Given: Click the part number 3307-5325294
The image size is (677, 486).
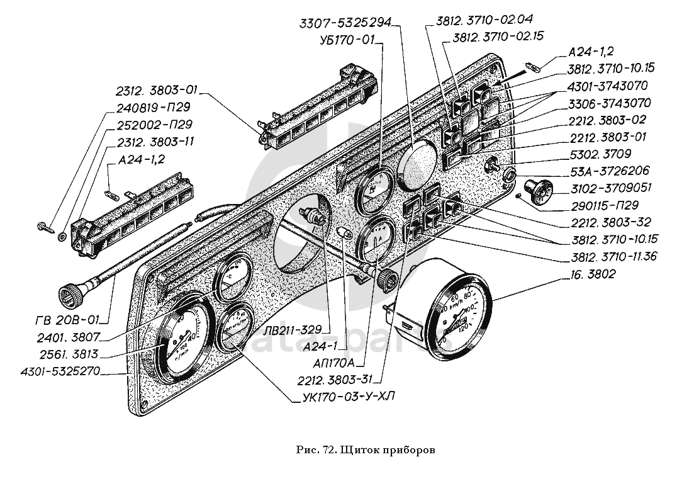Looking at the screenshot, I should [345, 24].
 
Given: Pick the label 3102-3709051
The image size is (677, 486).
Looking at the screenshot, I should [610, 188].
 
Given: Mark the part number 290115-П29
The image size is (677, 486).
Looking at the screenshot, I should [606, 205].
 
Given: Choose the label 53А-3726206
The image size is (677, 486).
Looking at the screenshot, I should [610, 171].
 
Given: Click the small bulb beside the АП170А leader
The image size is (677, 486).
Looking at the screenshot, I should [344, 234].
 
